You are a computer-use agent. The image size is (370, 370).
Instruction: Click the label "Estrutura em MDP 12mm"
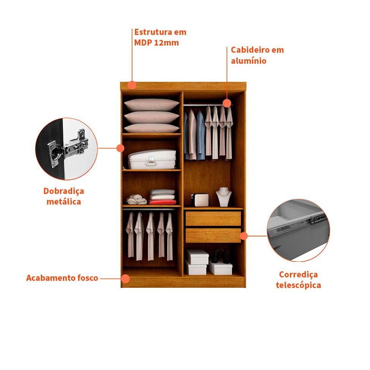point(160,37)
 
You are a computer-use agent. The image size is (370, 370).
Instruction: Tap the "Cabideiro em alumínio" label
point(257,55)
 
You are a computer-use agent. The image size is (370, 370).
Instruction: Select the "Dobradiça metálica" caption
point(64,196)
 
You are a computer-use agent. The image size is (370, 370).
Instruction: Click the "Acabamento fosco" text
point(62,278)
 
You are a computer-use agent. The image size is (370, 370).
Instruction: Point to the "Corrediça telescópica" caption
point(298,280)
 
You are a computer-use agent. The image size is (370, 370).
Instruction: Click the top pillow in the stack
point(151,105)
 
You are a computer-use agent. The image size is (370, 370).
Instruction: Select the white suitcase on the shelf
point(152,159)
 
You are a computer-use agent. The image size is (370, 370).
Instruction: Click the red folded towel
point(162,202)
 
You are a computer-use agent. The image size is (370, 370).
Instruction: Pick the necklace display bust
point(224,197)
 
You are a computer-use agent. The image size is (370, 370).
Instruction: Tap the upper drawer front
point(213,219)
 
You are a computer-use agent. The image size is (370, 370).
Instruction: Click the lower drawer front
point(213,235)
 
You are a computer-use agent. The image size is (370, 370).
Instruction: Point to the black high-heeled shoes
point(220,256)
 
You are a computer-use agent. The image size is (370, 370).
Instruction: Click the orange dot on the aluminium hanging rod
point(227,103)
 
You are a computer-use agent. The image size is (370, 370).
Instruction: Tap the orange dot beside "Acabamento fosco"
point(125,279)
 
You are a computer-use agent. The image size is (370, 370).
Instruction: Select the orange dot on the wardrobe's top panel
point(132,85)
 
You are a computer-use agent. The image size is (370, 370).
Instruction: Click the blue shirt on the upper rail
point(201,135)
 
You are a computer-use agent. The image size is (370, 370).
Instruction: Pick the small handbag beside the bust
point(201,200)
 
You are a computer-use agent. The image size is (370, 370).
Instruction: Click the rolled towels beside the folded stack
point(136,200)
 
